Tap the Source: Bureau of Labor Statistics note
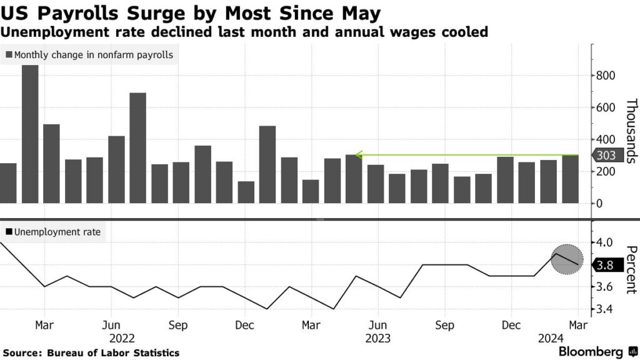click(91, 353)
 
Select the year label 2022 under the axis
click(122, 338)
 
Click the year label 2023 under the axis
click(377, 338)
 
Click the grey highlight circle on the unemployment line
click(567, 259)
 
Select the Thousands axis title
click(630, 131)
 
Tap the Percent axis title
click(630, 266)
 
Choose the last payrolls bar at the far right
click(570, 179)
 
